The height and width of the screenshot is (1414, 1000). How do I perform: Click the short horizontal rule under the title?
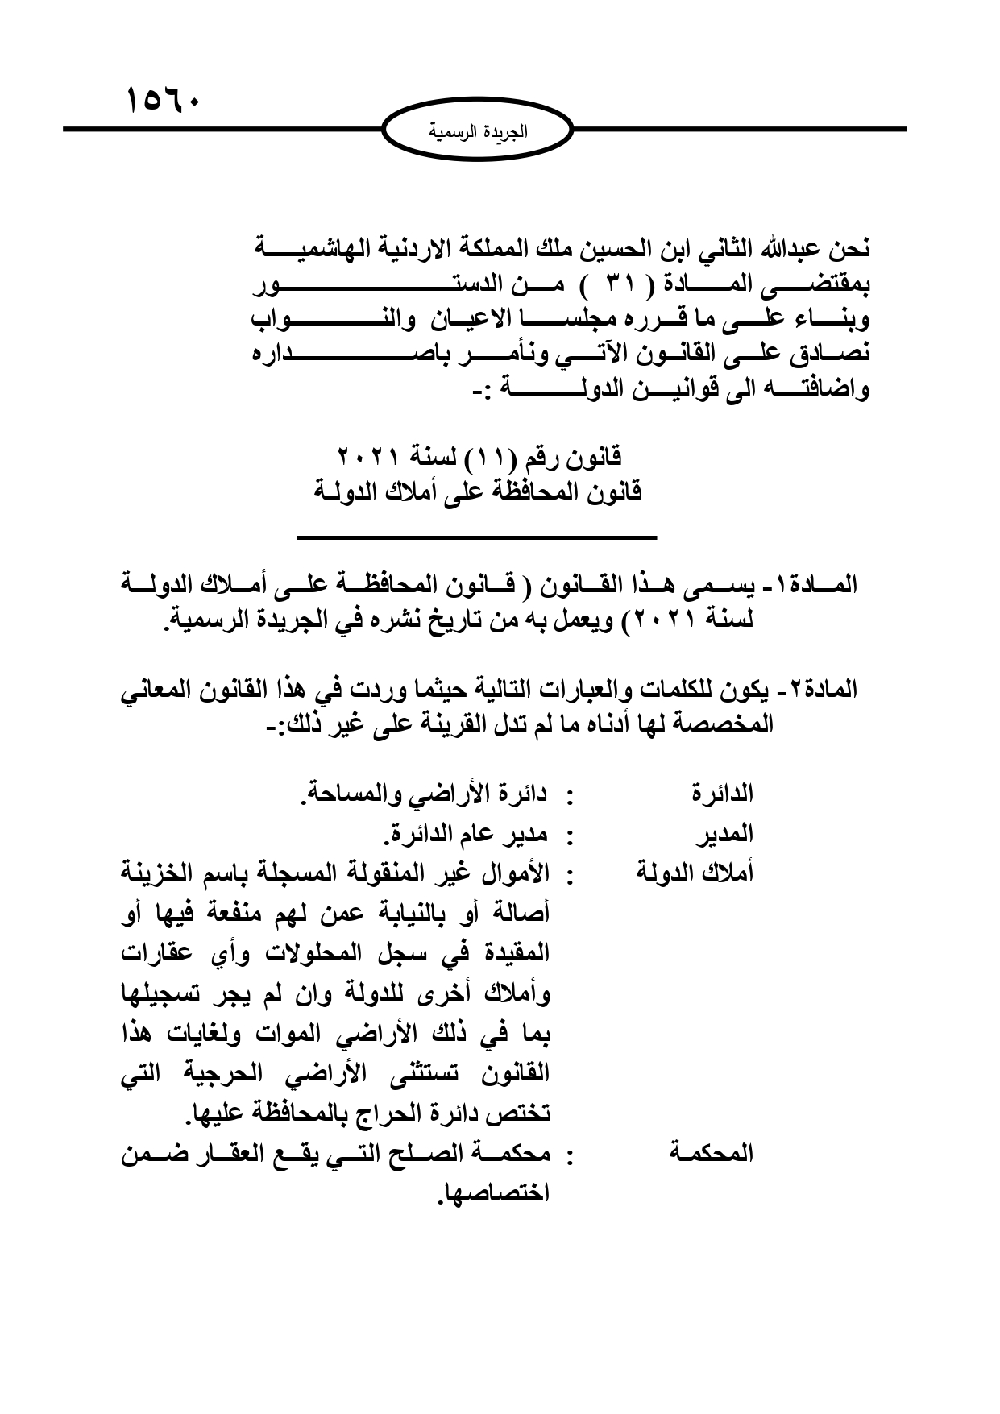coord(477,537)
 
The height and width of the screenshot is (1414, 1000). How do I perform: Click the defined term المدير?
coord(727,836)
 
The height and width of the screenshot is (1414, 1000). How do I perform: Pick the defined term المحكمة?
coord(711,1154)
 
